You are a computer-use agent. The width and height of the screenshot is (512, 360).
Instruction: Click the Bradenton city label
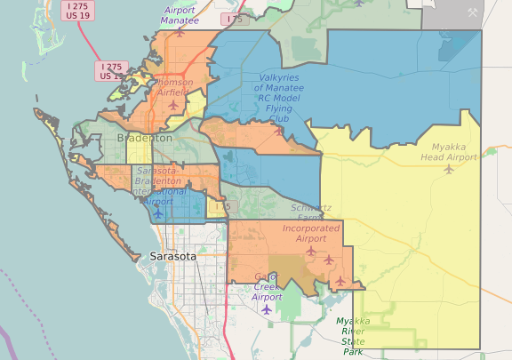coord(144,138)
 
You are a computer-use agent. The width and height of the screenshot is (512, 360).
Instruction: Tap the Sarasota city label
coord(172,256)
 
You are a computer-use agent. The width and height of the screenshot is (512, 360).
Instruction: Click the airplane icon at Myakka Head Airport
coord(449,169)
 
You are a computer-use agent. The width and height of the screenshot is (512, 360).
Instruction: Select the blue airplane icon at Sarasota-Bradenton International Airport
coord(158,213)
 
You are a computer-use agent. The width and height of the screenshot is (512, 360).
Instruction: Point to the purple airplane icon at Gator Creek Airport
coord(266,309)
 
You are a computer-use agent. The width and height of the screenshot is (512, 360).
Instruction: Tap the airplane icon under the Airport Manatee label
coord(180,31)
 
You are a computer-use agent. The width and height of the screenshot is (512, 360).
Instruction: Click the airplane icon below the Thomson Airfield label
coord(173,105)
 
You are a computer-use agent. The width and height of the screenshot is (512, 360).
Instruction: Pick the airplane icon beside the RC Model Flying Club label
coord(279,131)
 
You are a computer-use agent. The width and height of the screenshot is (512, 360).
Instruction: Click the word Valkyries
coord(278,77)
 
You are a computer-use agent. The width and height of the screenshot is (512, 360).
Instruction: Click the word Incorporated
coord(311,228)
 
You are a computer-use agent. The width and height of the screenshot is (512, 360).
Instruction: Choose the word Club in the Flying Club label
coord(278,118)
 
